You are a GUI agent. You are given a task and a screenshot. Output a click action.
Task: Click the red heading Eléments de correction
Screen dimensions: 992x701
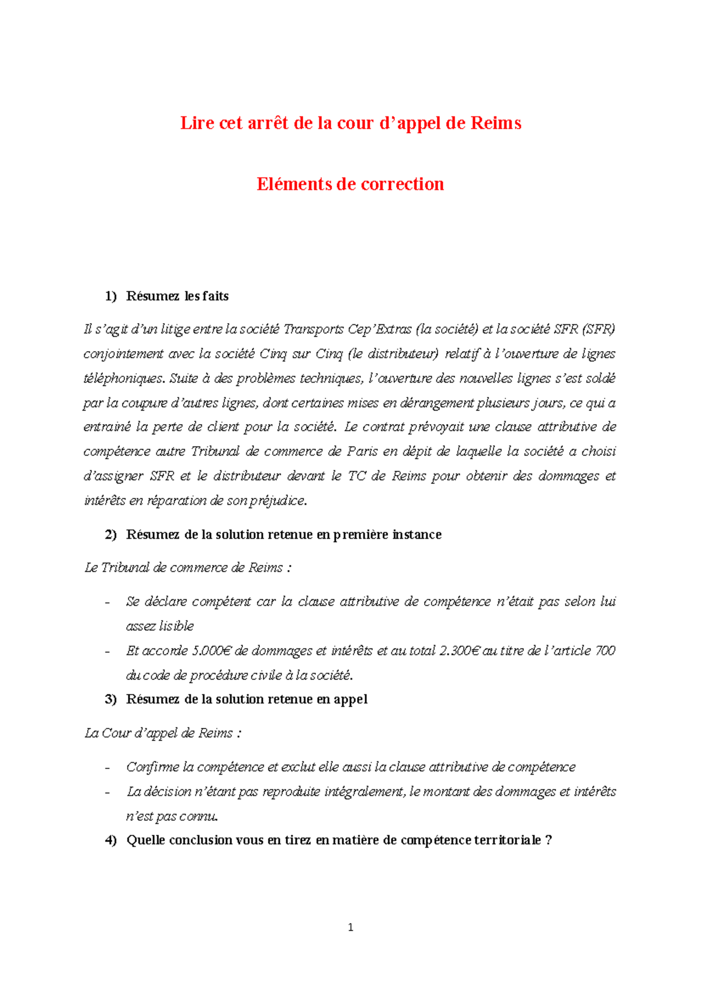350,184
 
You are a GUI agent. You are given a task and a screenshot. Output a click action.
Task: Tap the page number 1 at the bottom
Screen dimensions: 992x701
350,927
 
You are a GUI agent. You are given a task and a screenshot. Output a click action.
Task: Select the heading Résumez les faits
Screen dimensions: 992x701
177,296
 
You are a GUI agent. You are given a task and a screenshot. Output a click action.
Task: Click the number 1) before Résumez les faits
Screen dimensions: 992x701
111,296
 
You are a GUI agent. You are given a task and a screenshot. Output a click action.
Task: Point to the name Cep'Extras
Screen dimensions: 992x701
379,329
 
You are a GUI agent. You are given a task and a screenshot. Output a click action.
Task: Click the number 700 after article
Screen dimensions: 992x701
605,651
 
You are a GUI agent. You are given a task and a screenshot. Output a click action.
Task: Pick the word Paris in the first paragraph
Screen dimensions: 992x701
362,452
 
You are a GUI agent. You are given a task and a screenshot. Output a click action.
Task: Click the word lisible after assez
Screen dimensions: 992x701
176,626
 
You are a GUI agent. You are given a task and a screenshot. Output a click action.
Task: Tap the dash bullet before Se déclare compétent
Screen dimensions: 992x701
107,602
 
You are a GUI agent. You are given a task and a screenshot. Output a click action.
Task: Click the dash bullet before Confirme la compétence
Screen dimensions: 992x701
107,768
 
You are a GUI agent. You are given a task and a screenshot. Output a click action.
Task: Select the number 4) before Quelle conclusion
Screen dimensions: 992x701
111,840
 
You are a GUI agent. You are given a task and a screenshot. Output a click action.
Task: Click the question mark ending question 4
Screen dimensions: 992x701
548,840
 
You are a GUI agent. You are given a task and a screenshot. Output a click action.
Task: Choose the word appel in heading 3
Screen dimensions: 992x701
350,699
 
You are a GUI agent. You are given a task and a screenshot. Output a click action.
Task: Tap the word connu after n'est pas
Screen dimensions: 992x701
199,816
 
